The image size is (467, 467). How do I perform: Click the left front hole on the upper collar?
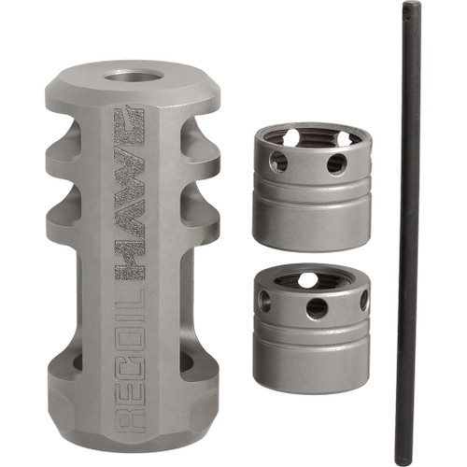(279, 162)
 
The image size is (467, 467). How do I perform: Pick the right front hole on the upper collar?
(335, 164)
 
